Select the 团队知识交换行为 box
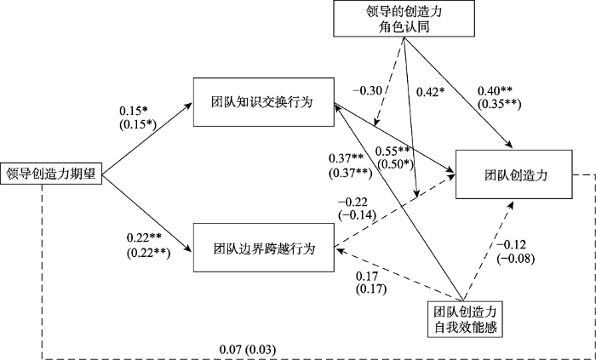click(x=262, y=104)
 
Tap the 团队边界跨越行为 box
click(x=262, y=249)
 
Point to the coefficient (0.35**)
click(x=498, y=106)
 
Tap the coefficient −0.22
click(x=356, y=201)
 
